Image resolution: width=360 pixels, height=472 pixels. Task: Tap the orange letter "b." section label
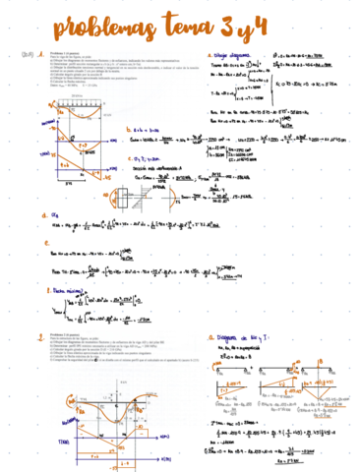click(129, 129)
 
